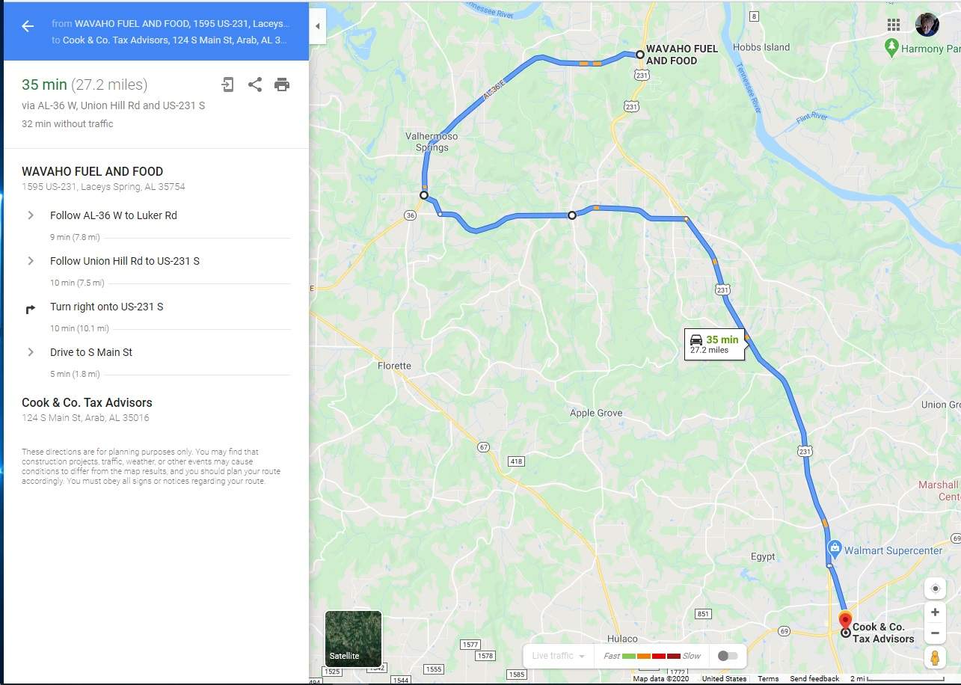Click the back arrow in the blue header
[x=28, y=26]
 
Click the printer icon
[x=282, y=85]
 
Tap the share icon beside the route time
[x=255, y=85]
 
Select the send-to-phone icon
[x=227, y=85]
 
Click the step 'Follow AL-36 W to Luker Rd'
[x=114, y=215]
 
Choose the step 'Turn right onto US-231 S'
[x=106, y=307]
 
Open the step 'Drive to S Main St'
[x=91, y=352]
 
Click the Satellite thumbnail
[x=353, y=639]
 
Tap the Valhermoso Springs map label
[x=432, y=142]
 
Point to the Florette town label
[x=394, y=366]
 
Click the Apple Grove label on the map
[x=596, y=413]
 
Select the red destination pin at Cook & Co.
[x=845, y=621]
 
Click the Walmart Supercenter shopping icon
[x=835, y=550]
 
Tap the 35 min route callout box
[x=714, y=344]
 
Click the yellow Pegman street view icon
[x=935, y=658]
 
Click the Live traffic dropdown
[x=558, y=656]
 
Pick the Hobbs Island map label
[x=761, y=47]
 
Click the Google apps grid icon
[x=893, y=25]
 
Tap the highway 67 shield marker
[x=484, y=447]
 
